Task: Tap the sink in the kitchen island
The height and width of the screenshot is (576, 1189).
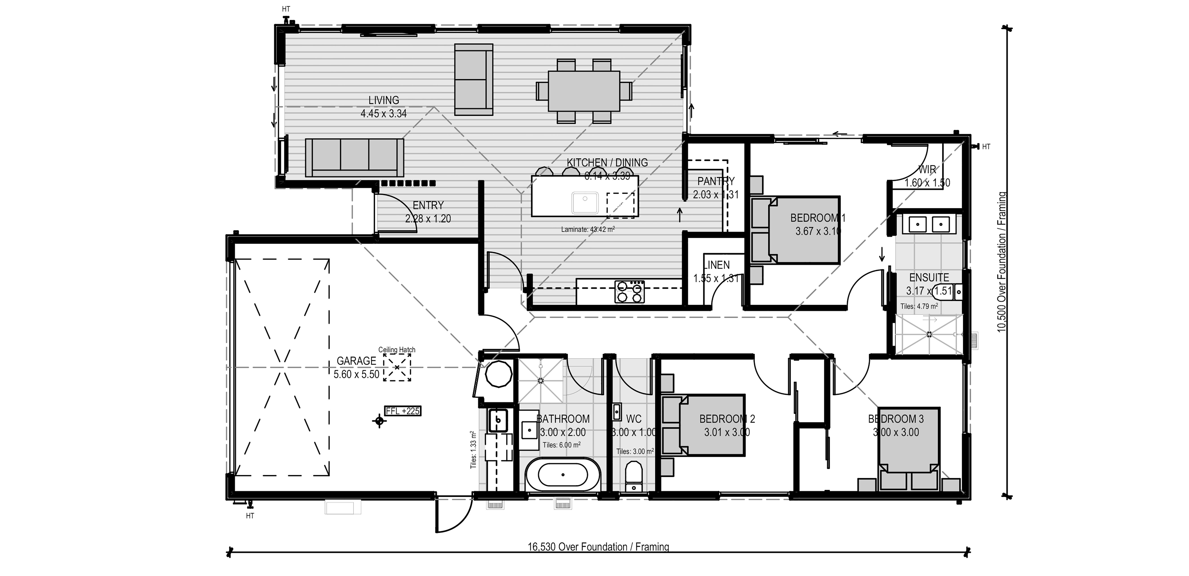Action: pyautogui.click(x=585, y=203)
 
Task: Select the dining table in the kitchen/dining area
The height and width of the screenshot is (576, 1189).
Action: pyautogui.click(x=584, y=91)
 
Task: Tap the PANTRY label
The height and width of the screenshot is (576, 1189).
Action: pyautogui.click(x=716, y=181)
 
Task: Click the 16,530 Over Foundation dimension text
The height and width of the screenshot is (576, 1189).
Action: pyautogui.click(x=598, y=547)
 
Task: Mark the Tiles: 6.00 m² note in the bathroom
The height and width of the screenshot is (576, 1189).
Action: pyautogui.click(x=561, y=445)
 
